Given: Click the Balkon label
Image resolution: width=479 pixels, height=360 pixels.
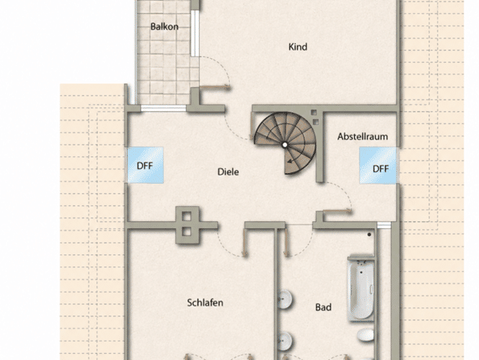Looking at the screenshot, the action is (x=165, y=27).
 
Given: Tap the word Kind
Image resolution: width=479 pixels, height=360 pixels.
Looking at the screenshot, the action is (x=298, y=47).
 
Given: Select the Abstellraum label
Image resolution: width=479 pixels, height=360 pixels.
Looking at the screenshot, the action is (x=363, y=136).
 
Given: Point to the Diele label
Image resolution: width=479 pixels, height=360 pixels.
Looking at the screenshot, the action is (x=228, y=172).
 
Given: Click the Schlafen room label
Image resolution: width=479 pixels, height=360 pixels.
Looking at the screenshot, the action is (x=205, y=303).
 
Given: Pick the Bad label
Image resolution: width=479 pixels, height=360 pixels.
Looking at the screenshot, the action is (x=323, y=307).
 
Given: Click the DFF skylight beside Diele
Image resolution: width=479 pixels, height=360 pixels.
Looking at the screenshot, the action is (x=145, y=165).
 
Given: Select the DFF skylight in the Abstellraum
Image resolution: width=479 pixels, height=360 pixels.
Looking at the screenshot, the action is (x=378, y=165).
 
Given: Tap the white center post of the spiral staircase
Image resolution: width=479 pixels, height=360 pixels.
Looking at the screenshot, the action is (x=285, y=145).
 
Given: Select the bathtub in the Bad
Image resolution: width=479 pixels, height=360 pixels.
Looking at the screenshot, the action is (x=360, y=287).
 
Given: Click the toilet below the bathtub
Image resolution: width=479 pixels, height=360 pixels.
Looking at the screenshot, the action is (x=366, y=335).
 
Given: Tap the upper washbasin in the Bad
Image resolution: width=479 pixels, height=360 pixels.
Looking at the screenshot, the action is (x=285, y=299).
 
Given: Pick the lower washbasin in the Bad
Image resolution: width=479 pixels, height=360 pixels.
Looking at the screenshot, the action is (x=285, y=340).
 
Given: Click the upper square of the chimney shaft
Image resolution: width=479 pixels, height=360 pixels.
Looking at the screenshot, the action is (x=187, y=216).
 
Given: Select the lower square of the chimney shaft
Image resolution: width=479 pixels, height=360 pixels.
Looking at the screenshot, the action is (x=187, y=231).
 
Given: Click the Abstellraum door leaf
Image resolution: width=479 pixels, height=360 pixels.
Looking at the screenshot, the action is (x=337, y=211).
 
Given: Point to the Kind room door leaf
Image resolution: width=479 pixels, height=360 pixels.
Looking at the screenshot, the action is (x=214, y=87).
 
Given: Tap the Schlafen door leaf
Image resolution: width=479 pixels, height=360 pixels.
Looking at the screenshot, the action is (x=244, y=243).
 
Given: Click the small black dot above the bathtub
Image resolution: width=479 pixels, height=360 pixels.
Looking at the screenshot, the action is (x=370, y=234).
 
